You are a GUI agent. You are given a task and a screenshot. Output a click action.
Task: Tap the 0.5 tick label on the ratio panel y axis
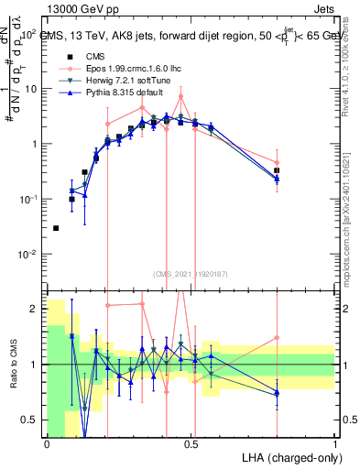coord(31,420)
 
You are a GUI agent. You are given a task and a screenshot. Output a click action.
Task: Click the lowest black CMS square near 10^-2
coord(56,228)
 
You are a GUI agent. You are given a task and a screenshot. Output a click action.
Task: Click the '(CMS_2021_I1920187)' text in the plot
coord(191,274)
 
